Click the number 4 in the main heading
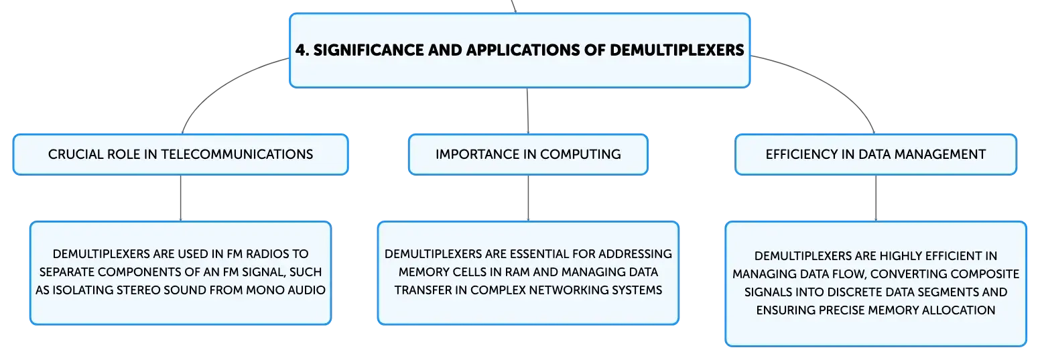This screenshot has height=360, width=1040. [x=301, y=50]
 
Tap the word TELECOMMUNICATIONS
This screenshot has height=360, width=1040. [x=237, y=154]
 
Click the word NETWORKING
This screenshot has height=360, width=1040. [x=568, y=290]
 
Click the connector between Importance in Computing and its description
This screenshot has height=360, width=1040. [x=528, y=198]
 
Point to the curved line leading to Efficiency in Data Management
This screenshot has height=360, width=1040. [x=831, y=81]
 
